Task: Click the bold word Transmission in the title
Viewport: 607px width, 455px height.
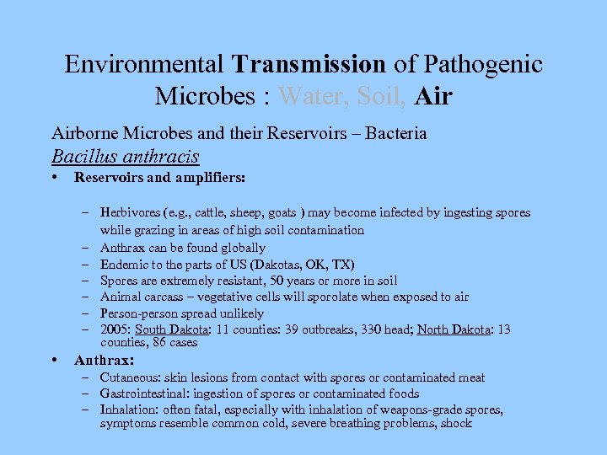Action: pyautogui.click(x=309, y=64)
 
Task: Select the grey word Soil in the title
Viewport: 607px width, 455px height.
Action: pyautogui.click(x=379, y=96)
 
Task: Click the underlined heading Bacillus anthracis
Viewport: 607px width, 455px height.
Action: pyautogui.click(x=125, y=156)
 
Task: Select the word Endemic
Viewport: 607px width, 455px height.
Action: pyautogui.click(x=123, y=264)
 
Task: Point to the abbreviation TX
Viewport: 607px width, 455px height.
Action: pyautogui.click(x=344, y=264)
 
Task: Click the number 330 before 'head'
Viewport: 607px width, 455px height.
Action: pyautogui.click(x=374, y=329)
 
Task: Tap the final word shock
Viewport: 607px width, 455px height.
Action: pyautogui.click(x=456, y=423)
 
